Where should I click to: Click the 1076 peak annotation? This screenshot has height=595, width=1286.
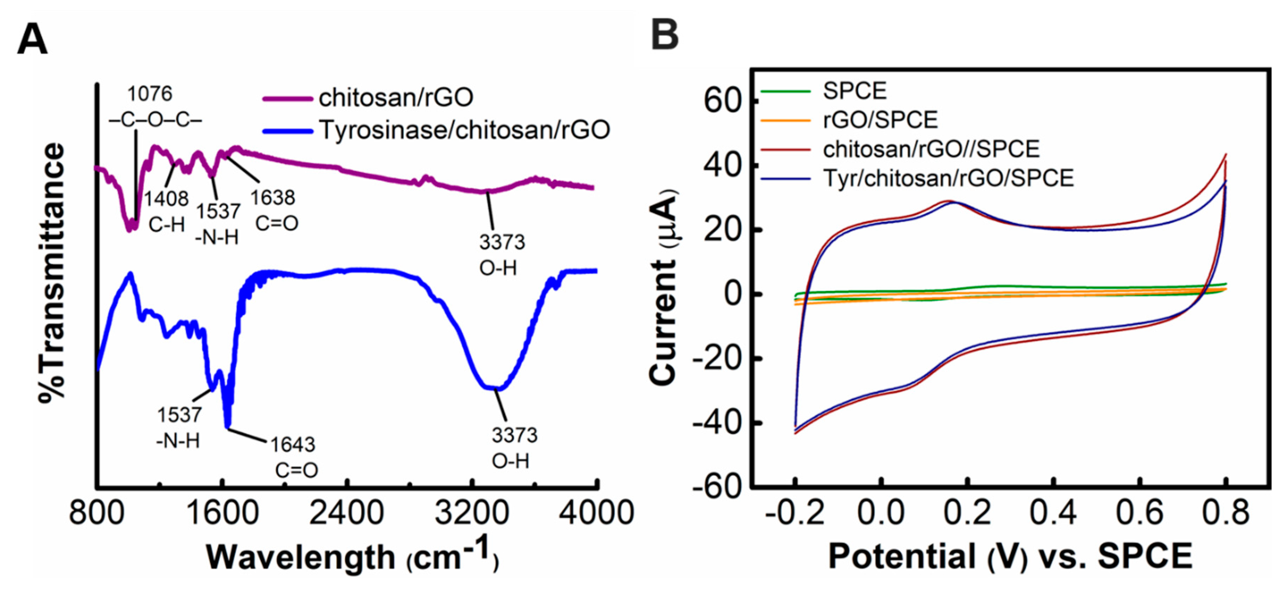point(149,94)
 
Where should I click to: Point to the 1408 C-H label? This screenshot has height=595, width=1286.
point(166,212)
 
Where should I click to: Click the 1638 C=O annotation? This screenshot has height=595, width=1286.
point(273,210)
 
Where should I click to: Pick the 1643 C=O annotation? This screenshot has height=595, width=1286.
point(293,457)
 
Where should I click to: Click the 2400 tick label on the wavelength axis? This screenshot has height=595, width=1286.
point(346,513)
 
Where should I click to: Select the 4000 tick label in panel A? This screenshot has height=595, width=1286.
point(596,513)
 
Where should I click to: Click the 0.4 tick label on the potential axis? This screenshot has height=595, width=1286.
point(1053,513)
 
